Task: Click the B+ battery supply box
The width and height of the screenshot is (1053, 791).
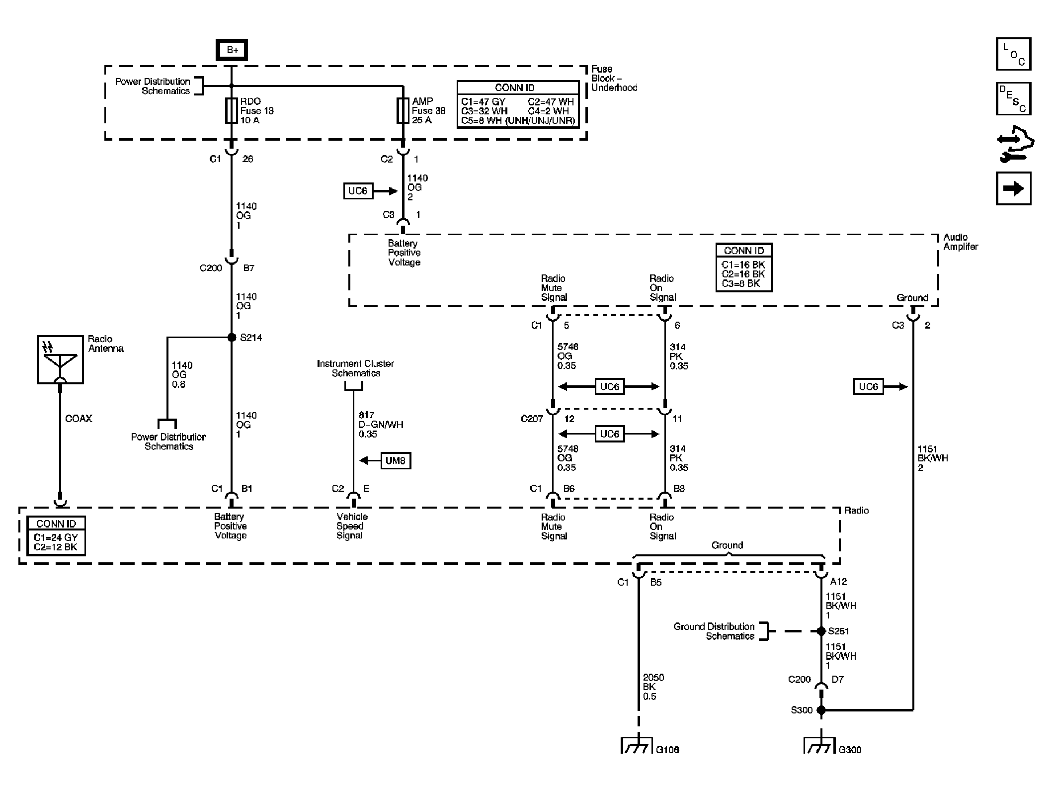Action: coord(232,50)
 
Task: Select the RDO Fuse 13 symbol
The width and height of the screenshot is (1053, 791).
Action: coord(231,110)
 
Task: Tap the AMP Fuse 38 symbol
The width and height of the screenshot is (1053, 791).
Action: coord(403,110)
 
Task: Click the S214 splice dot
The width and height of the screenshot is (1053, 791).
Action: coord(231,337)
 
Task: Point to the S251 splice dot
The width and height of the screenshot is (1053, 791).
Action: coord(821,631)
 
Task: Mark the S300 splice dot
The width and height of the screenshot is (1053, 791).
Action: coord(821,710)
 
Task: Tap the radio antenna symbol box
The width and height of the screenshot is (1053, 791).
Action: coord(60,359)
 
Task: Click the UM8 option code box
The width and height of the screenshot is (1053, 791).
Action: coord(396,460)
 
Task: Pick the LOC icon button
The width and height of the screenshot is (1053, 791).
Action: coord(1013,54)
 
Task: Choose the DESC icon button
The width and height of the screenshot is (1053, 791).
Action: coord(1013,98)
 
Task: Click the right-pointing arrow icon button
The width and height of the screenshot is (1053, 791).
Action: coord(1013,188)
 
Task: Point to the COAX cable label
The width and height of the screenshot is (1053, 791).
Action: coord(79,419)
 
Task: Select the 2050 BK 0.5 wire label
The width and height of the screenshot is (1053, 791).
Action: coord(653,687)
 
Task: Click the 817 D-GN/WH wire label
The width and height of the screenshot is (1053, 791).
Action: coord(381,425)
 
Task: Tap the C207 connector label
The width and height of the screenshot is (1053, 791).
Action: coord(532,419)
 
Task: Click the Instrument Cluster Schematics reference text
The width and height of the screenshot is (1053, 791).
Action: coord(355,368)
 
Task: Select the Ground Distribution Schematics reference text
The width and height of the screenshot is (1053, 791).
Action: coord(714,631)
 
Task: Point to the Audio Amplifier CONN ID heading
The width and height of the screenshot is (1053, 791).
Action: coord(743,251)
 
